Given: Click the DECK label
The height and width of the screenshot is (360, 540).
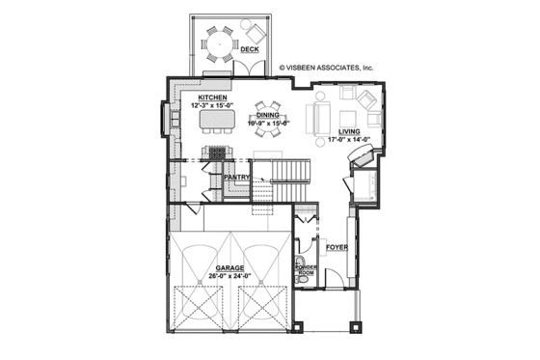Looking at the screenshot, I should point(249,48).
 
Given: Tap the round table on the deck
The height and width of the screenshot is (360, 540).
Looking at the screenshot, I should point(219,42).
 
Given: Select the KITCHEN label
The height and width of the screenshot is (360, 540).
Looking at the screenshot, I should point(212,97).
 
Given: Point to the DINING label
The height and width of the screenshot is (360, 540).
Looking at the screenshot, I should point(267,115).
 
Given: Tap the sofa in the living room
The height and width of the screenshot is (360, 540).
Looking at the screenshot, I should point(317,119).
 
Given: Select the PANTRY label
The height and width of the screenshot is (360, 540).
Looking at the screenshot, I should point(237,178).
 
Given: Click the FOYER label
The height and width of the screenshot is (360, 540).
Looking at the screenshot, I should point(336,248).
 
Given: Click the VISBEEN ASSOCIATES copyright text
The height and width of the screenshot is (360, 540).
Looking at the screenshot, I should point(326,69).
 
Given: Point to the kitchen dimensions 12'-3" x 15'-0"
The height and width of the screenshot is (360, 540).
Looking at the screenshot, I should point(212,105).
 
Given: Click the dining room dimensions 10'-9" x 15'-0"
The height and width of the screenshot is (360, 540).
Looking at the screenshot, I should point(267,123).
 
